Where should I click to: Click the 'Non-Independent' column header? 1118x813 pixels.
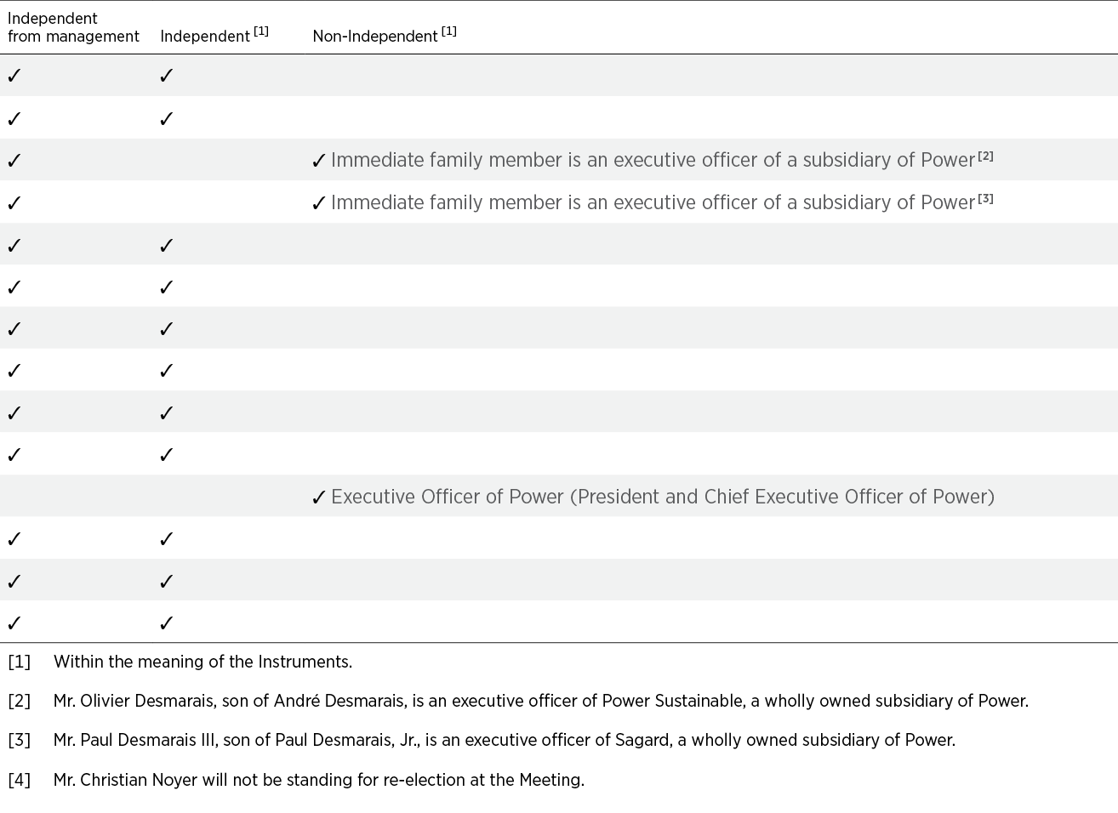(x=375, y=36)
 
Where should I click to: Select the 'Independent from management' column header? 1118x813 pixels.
(x=73, y=27)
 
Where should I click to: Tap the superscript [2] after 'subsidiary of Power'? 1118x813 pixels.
(x=985, y=156)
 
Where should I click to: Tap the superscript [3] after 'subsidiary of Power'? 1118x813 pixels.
(x=985, y=199)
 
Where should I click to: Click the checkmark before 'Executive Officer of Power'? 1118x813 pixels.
(x=319, y=497)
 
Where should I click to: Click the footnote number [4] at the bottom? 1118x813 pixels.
(x=19, y=780)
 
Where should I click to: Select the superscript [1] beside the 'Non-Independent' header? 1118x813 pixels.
(x=449, y=31)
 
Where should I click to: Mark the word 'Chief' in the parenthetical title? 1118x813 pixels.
(x=726, y=497)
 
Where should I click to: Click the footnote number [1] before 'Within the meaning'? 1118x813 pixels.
(x=19, y=662)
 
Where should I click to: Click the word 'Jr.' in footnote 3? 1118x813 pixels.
(x=408, y=741)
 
